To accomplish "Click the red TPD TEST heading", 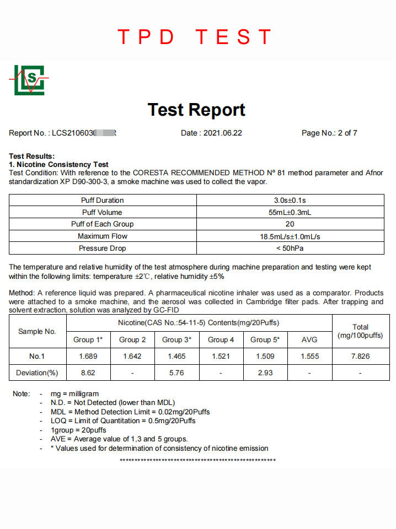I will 195,37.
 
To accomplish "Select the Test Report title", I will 196,110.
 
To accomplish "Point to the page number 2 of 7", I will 329,133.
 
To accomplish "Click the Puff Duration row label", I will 103,200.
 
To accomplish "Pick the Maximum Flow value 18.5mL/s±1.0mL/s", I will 290,236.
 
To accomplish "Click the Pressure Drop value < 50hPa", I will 290,248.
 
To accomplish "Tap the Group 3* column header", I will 176,339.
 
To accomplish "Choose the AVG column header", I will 309,339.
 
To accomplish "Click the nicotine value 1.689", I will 88,356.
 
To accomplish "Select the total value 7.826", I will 360,356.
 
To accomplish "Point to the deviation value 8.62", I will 88,373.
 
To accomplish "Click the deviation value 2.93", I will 265,373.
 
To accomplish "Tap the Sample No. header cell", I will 38,331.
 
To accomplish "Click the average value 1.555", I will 309,356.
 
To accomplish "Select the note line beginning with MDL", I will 130,412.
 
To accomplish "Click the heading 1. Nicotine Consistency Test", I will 59,164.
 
